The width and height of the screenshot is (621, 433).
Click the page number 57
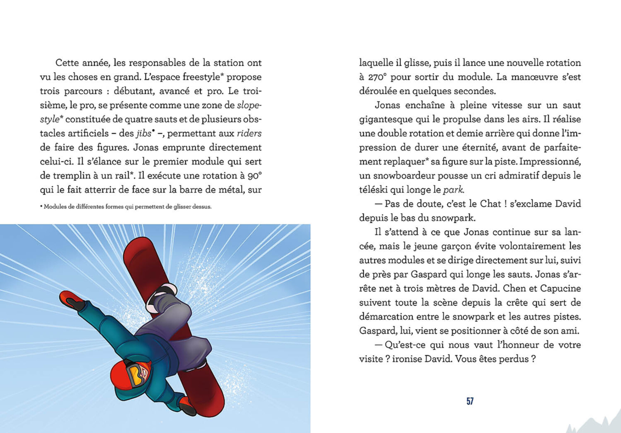click(x=470, y=401)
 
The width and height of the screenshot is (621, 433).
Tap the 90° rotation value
click(x=255, y=176)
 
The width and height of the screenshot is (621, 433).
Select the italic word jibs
click(x=144, y=134)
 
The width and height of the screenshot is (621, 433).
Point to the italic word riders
click(x=249, y=134)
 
